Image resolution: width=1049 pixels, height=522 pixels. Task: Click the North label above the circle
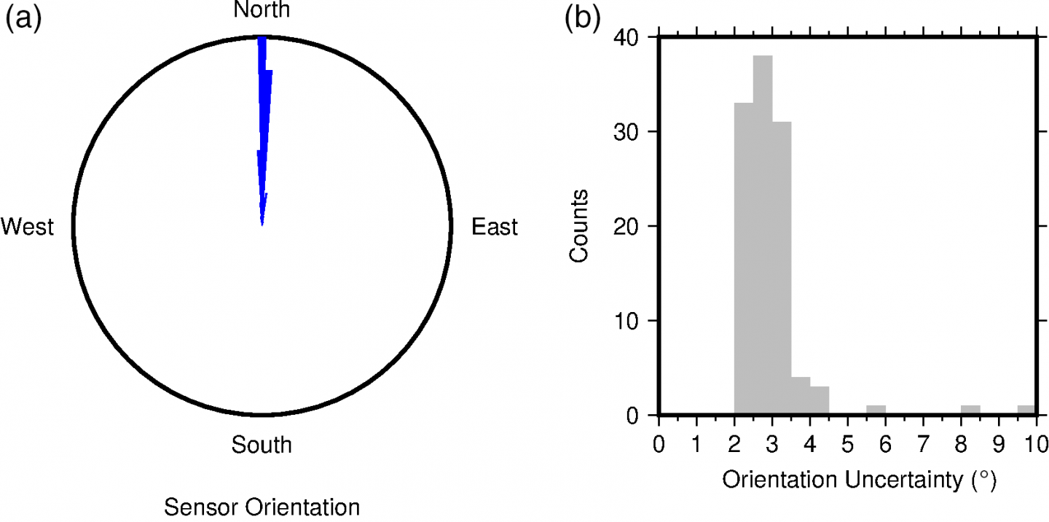pos(262,9)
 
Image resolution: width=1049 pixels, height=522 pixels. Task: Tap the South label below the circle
pos(262,444)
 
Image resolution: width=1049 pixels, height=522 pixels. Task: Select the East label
pos(495,227)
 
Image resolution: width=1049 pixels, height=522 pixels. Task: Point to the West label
pos(28,227)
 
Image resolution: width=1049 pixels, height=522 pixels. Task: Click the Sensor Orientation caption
pos(262,507)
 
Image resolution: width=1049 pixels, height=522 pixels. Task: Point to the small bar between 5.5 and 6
pos(876,410)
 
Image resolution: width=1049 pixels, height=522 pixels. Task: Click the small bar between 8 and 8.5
pos(970,410)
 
